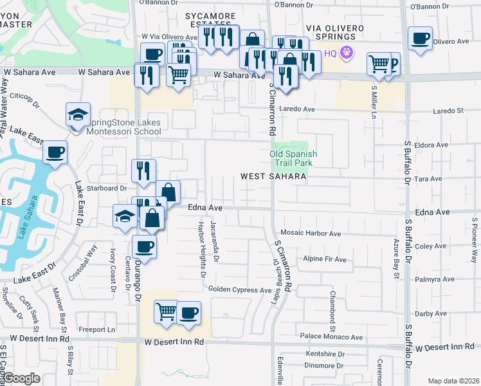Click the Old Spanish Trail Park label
(293, 159)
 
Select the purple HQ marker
(347, 53)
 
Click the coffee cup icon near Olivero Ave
(420, 39)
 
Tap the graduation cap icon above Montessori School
(78, 115)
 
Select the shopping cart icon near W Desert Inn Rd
(166, 312)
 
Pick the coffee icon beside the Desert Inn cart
(188, 313)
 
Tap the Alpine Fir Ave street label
(325, 259)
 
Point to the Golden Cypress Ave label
(239, 290)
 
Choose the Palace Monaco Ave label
(332, 336)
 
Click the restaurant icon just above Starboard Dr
(143, 170)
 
